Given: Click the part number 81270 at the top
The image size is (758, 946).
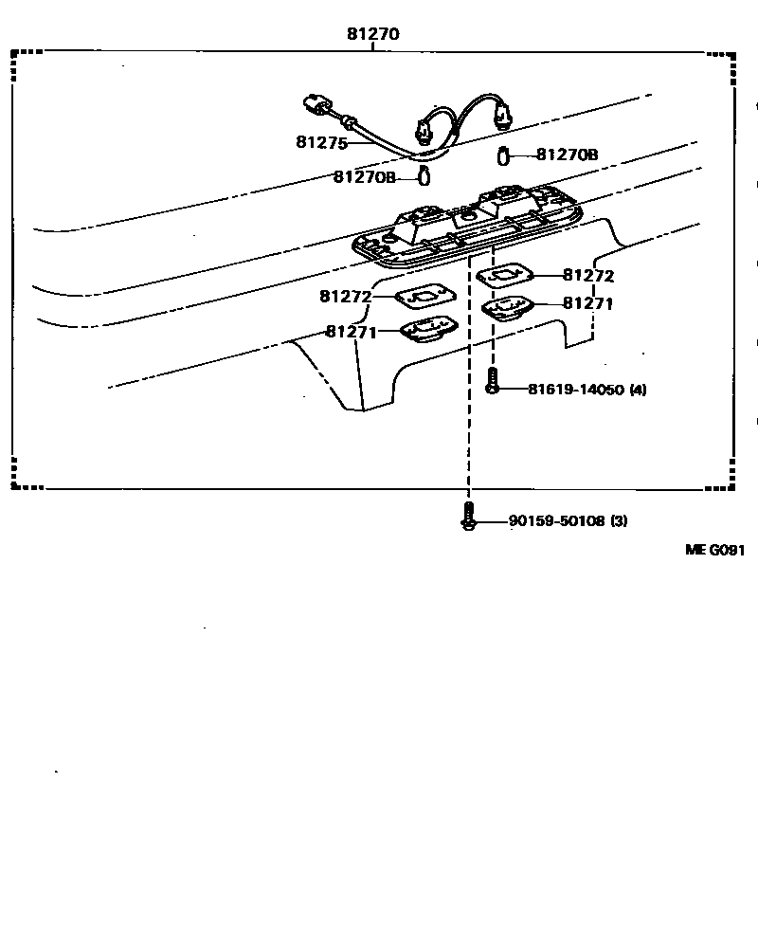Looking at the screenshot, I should point(372,34).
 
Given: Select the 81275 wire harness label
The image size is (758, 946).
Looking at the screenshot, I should point(321,142).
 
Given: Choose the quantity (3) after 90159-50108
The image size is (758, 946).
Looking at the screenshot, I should point(618,520).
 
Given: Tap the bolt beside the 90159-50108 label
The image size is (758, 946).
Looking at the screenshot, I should point(467,517).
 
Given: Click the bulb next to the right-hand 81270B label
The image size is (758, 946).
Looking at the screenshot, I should point(505,155).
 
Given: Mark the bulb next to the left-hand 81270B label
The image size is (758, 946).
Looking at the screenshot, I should point(424,175).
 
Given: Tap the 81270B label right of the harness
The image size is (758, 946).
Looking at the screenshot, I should point(567,155).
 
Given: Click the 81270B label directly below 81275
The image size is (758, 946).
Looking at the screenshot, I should point(364,176).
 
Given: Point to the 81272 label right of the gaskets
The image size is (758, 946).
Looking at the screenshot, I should point(588,277).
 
